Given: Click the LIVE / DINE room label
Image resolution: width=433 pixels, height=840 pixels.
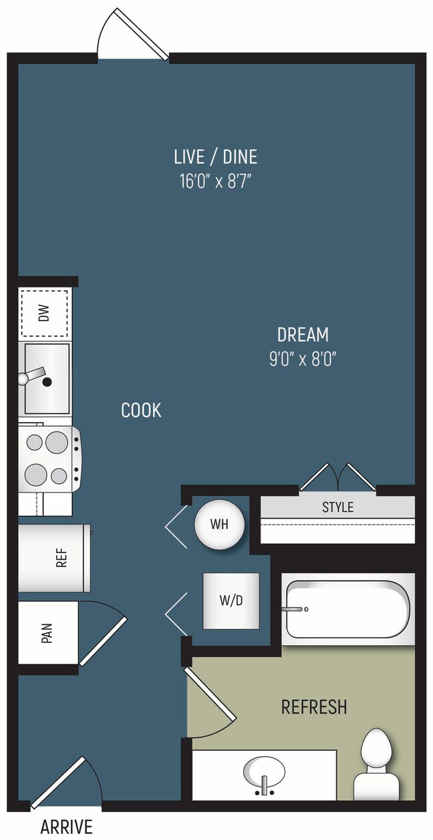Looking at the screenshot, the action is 215,156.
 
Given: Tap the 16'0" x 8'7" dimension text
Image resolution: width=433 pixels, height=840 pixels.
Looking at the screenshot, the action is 215,182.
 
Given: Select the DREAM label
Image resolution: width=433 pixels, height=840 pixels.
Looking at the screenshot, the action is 303,335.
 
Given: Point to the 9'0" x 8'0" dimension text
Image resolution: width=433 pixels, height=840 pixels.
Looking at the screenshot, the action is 302,359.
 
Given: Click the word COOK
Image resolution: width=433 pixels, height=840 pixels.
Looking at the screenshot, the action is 141,410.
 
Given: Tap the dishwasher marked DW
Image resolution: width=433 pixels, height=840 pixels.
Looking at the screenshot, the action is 44,313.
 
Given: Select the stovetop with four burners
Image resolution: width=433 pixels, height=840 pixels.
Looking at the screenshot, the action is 50,458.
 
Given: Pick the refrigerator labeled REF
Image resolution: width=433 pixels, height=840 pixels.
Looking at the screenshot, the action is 55,558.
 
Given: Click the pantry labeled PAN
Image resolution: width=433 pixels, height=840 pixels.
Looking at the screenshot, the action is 49,633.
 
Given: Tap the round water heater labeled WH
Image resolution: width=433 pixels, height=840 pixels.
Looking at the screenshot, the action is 220,524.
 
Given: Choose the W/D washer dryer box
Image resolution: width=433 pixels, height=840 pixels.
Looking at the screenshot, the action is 231,601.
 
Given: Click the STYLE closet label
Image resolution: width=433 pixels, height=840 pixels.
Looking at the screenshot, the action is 338,507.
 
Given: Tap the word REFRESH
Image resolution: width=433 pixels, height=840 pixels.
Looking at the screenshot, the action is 314,707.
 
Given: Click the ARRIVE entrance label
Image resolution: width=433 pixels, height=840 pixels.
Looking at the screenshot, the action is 67,827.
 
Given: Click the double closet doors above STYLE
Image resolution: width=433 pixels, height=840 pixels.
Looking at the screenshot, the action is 338,477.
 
